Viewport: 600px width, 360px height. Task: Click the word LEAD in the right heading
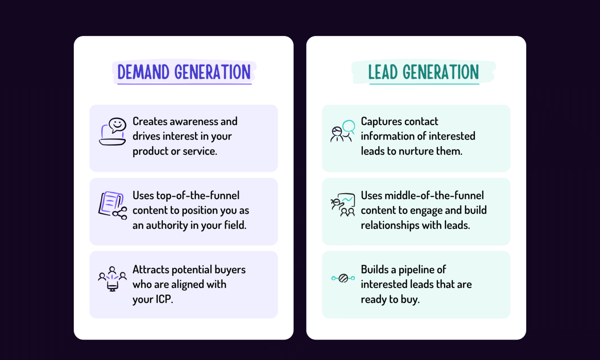(x=383, y=72)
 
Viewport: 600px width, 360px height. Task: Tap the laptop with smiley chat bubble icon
(x=113, y=132)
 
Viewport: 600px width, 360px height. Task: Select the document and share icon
(x=113, y=206)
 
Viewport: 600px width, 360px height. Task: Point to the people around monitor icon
(x=112, y=279)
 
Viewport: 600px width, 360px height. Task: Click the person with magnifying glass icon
(x=343, y=131)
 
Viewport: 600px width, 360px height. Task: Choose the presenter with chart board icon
(x=343, y=205)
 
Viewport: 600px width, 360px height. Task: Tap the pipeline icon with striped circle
(x=343, y=278)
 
